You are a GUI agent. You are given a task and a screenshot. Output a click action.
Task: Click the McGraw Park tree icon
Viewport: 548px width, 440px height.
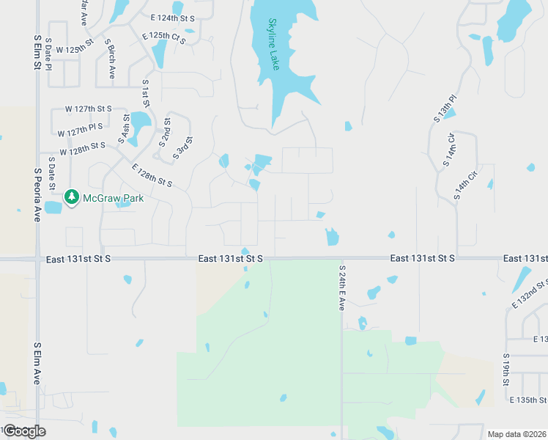click(71, 197)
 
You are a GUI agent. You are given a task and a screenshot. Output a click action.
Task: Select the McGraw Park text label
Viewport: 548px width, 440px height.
click(112, 198)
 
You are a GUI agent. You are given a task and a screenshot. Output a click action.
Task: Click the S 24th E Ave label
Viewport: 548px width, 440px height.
click(341, 287)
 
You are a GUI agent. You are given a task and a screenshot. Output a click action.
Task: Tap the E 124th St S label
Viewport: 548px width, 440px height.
click(173, 17)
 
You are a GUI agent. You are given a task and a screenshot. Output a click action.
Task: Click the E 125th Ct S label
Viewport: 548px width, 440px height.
click(164, 36)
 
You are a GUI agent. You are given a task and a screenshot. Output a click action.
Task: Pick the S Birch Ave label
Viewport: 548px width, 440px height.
click(110, 59)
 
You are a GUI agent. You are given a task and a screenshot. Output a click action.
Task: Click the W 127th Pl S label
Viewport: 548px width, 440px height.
click(84, 130)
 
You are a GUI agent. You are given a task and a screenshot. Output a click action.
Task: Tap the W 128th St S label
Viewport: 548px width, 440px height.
click(84, 149)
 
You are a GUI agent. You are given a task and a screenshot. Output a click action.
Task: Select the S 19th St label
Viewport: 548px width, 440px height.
click(506, 370)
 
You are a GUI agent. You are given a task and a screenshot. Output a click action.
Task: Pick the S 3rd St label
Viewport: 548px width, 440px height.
click(183, 148)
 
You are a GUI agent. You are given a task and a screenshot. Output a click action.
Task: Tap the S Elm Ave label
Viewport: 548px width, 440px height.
click(37, 363)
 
